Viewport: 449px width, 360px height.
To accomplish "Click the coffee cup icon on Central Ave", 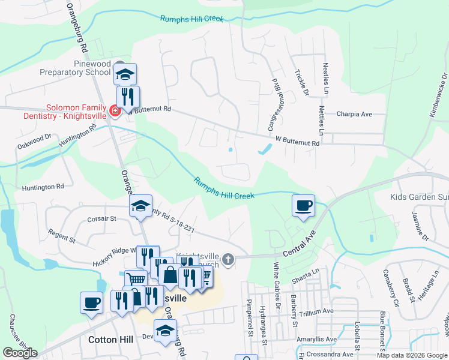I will [x=304, y=205].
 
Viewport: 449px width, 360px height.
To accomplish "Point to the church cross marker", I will [x=228, y=259].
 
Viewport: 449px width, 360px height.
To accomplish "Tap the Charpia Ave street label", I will [x=354, y=114].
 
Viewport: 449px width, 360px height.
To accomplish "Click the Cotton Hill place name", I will [x=110, y=340].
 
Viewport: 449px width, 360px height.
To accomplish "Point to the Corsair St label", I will [x=101, y=220].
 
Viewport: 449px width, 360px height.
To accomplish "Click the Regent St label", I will [x=62, y=236].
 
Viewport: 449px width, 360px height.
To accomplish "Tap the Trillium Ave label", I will [x=316, y=312].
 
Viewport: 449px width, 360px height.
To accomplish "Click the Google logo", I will [x=20, y=353].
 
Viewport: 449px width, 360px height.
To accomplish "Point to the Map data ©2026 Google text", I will [x=411, y=355].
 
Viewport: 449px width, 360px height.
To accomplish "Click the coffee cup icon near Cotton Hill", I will [x=92, y=302].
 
